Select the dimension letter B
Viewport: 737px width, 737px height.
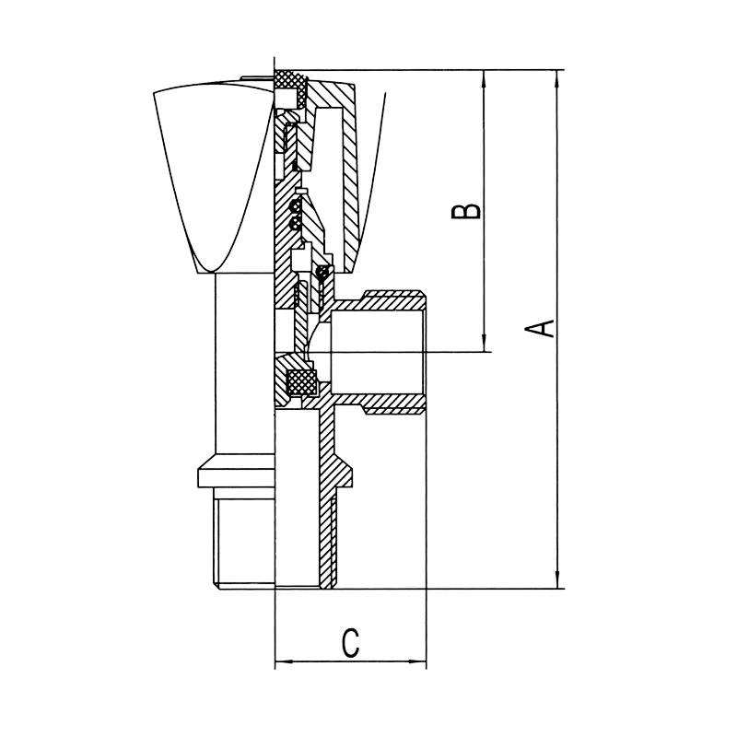pos(466,211)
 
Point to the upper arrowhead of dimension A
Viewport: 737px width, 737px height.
pos(558,78)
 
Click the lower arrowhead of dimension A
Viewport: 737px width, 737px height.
pos(558,580)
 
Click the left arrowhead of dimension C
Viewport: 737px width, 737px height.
pos(284,661)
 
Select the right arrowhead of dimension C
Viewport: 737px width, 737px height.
pos(418,661)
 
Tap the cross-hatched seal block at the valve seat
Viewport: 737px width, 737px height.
pos(302,381)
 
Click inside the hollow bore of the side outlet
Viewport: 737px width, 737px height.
pos(377,352)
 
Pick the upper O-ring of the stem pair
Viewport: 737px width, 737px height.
pos(295,205)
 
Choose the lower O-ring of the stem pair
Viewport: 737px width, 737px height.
pos(295,223)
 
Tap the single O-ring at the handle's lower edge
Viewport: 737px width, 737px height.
pos(322,271)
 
